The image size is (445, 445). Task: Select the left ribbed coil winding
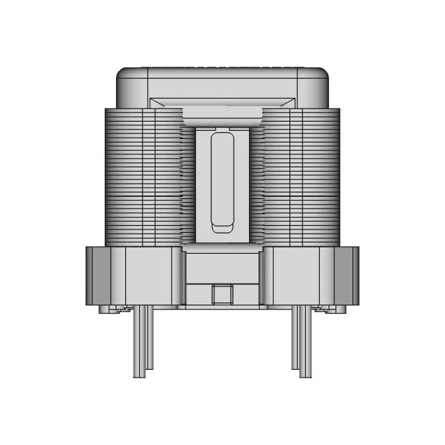[x=143, y=177]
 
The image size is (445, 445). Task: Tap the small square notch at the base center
[x=222, y=294]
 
